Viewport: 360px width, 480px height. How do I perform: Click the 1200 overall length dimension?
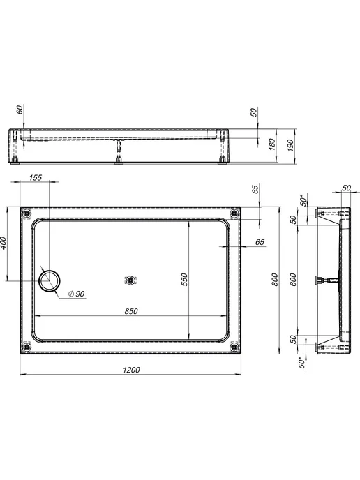(x=131, y=370)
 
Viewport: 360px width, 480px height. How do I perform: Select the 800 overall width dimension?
(x=275, y=280)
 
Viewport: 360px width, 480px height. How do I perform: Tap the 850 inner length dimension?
(x=131, y=311)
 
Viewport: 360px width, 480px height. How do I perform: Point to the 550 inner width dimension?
(x=184, y=280)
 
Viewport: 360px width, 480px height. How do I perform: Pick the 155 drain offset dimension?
(x=35, y=177)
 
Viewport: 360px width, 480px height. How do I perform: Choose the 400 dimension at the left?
(x=3, y=243)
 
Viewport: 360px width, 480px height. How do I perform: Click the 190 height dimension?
(x=291, y=145)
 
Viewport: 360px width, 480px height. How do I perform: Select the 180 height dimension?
(x=272, y=144)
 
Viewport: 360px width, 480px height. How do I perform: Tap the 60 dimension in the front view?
(x=20, y=110)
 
